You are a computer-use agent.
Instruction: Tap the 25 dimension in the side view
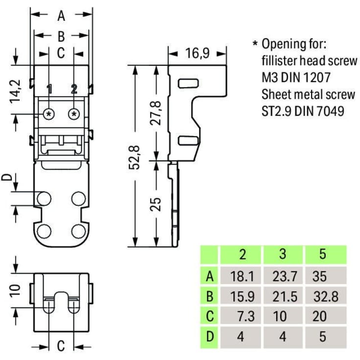pos(156,203)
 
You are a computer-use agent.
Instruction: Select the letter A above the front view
pos(61,16)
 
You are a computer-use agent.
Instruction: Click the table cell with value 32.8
pos(326,296)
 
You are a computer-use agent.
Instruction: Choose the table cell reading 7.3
pos(242,316)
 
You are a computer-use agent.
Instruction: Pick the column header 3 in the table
pos(283,255)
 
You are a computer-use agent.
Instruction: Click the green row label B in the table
pos(210,296)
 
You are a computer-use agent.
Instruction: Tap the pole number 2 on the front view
pos(74,89)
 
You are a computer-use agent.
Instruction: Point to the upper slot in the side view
pos(186,82)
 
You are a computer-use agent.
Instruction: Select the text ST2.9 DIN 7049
pos(303,111)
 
